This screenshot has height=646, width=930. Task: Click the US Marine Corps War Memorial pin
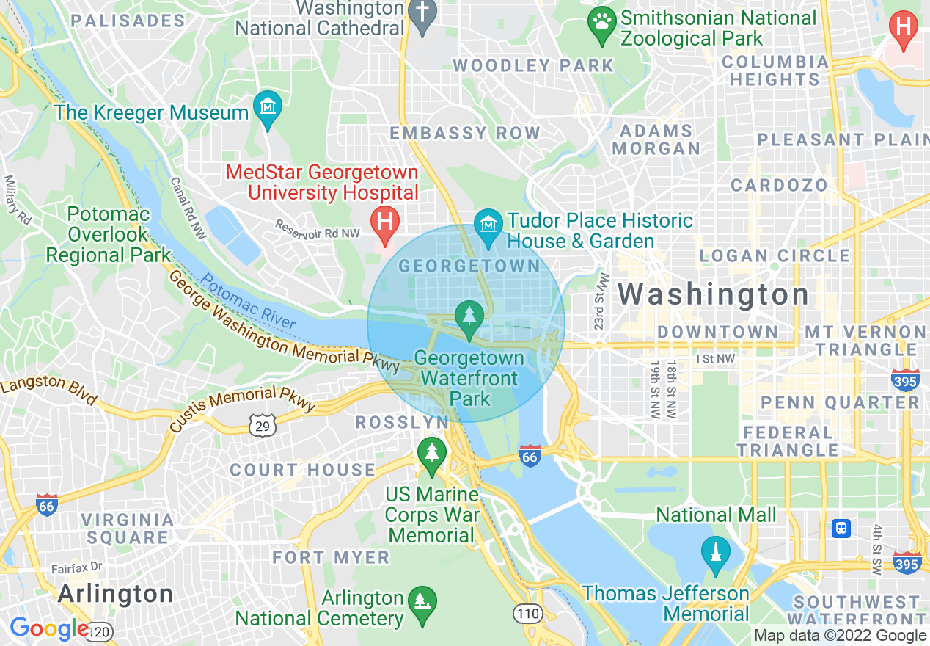point(432,453)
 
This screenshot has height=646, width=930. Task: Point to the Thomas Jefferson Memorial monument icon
point(715,553)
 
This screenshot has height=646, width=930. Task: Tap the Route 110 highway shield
point(527,614)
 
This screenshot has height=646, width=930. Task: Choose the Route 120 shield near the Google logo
point(101,630)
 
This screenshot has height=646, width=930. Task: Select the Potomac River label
point(249,302)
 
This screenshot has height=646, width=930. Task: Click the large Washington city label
point(713,294)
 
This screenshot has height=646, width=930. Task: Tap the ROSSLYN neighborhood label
point(402,423)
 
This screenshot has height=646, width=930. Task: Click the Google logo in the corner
point(48,629)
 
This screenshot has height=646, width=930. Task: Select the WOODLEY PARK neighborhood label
point(533,65)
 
